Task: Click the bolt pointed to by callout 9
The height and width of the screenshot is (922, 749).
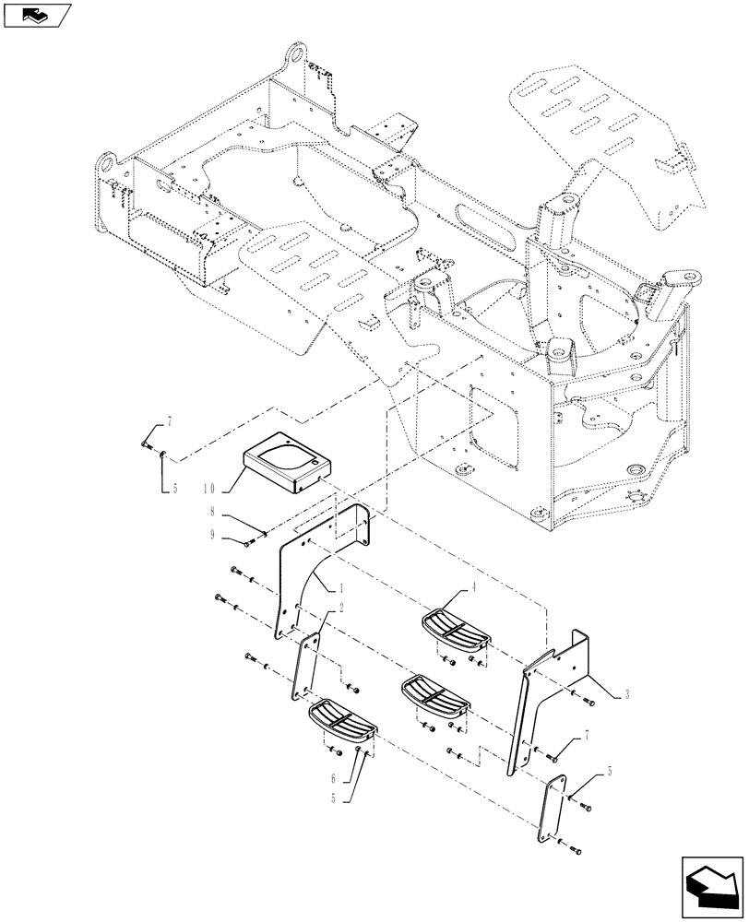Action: click(250, 539)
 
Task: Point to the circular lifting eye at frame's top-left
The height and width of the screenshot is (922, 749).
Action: click(295, 55)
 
